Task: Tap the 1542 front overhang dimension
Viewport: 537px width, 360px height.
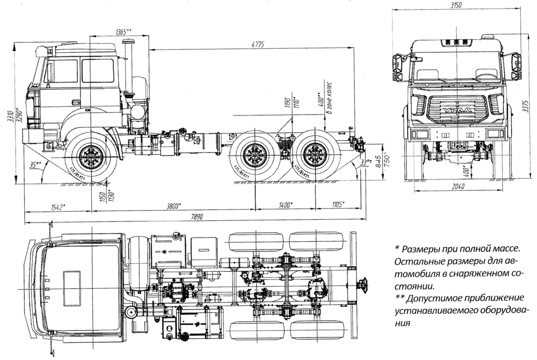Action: (57, 206)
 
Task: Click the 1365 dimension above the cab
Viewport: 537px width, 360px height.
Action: (123, 32)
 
